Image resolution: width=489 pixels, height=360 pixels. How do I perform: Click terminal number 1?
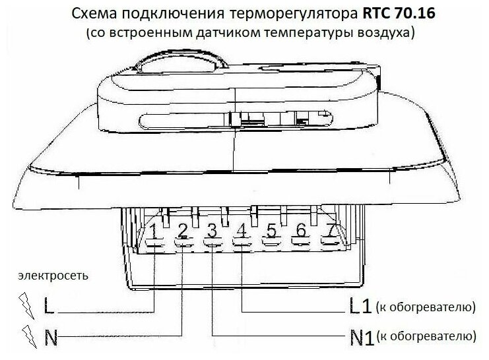click(x=153, y=231)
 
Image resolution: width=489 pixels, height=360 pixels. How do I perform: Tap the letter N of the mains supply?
click(x=49, y=338)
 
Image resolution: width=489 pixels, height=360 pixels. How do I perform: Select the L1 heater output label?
click(x=360, y=307)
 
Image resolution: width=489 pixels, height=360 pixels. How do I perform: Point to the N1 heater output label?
click(x=360, y=338)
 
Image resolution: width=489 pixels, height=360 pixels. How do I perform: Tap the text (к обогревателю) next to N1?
click(x=426, y=338)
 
